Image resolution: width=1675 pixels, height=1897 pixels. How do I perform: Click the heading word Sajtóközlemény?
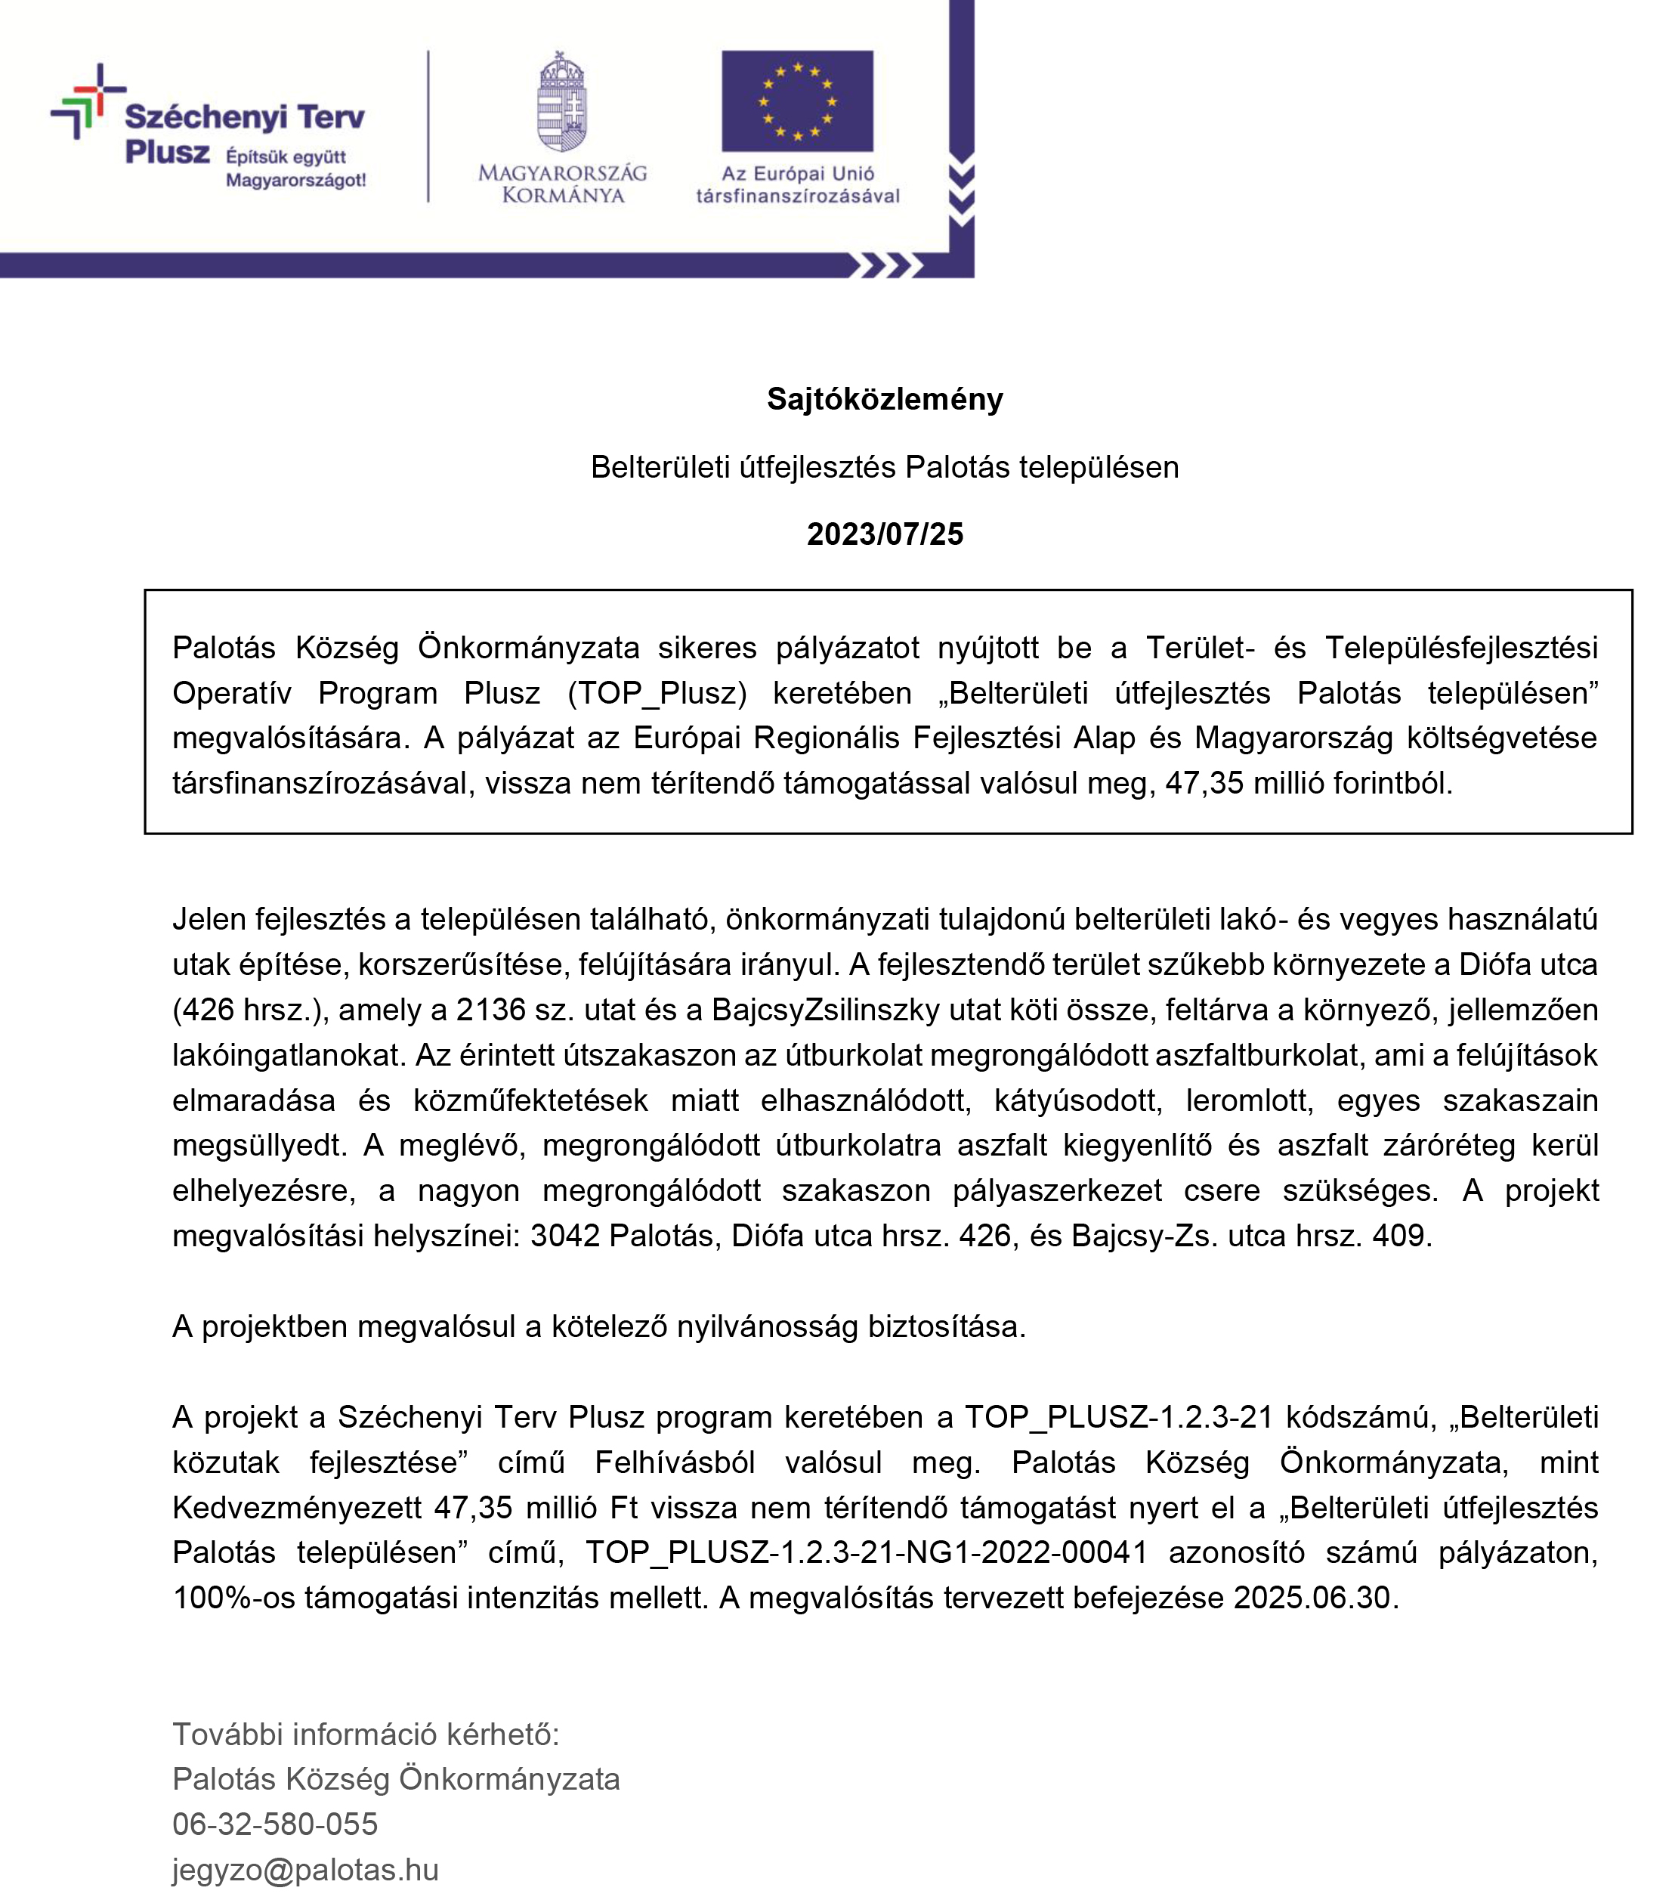(885, 399)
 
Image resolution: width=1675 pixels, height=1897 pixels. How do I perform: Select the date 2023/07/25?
(885, 534)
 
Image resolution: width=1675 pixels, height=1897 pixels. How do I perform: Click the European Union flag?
(797, 101)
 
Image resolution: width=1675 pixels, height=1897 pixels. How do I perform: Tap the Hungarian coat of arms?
(562, 102)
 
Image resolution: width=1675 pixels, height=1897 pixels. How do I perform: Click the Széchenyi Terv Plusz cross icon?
(87, 101)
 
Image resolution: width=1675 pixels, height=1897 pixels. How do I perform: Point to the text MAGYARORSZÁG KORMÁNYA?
(562, 184)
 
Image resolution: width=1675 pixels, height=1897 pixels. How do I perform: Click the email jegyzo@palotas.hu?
(305, 1869)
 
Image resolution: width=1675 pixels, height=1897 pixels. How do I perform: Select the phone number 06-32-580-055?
(275, 1824)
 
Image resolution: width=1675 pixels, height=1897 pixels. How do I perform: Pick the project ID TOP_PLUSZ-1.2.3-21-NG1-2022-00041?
(866, 1552)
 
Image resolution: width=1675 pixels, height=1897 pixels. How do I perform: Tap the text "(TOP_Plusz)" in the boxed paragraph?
(657, 693)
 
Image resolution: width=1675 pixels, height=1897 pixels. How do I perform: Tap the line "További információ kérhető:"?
(366, 1734)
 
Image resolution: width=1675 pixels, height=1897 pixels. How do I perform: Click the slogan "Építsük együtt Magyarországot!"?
(295, 169)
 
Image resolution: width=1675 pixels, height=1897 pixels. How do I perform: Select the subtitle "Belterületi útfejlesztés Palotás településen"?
(885, 467)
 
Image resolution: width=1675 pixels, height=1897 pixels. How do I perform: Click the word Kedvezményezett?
(297, 1507)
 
